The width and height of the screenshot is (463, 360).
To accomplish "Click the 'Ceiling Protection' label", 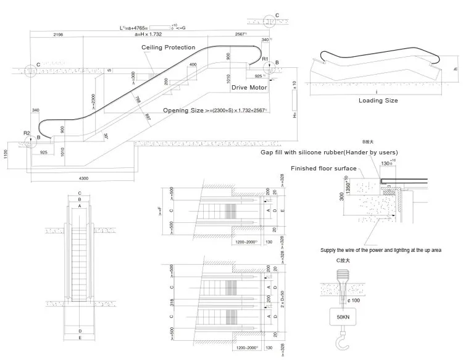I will (x=168, y=48).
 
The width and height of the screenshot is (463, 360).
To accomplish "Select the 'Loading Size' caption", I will (x=378, y=100).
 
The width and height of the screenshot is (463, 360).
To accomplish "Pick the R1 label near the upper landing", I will (x=265, y=59).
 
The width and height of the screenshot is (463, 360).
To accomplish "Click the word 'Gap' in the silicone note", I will (x=267, y=152).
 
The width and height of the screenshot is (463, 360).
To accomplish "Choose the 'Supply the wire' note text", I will (x=380, y=250).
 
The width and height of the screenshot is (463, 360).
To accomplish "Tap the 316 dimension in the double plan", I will (x=170, y=303).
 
